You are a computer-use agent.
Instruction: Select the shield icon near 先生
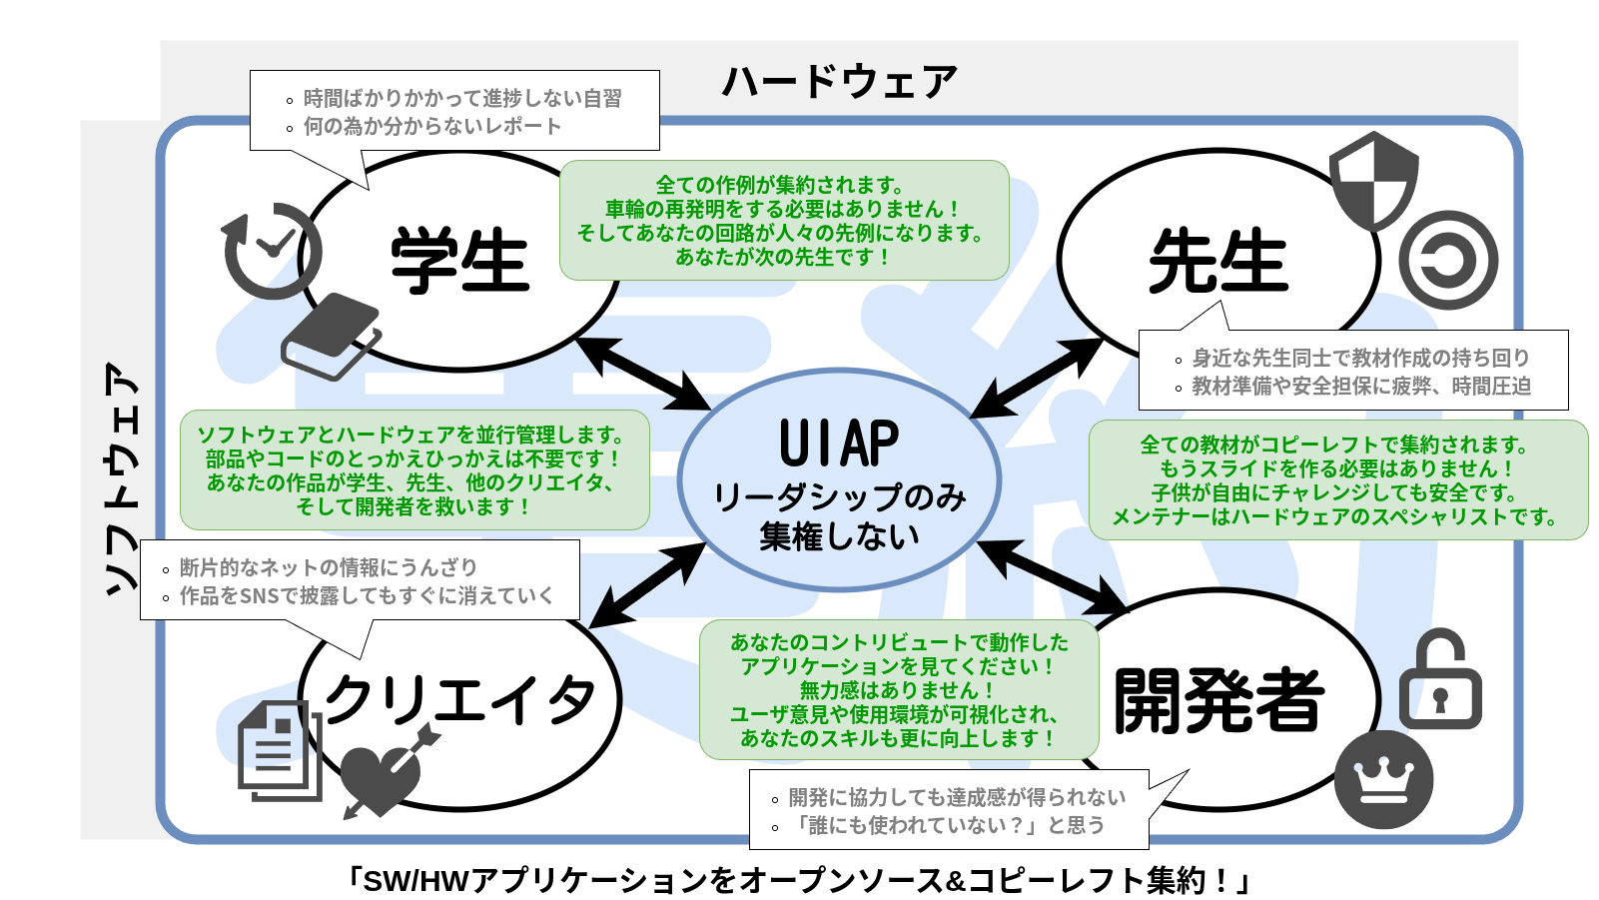point(1374,181)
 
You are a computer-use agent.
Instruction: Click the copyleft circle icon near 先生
point(1448,260)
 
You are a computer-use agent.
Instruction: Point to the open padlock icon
point(1440,681)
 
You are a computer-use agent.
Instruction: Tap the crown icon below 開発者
point(1383,779)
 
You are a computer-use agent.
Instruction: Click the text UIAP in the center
point(839,444)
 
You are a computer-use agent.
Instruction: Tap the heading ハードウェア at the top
point(839,81)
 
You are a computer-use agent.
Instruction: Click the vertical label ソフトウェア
point(120,479)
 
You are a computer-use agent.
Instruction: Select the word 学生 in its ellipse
point(459,261)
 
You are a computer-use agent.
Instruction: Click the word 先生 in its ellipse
point(1218,261)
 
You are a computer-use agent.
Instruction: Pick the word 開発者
point(1218,700)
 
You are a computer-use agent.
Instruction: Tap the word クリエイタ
point(459,700)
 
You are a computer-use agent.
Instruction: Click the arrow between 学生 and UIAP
point(644,374)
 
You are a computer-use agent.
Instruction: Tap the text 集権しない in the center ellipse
point(839,536)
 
